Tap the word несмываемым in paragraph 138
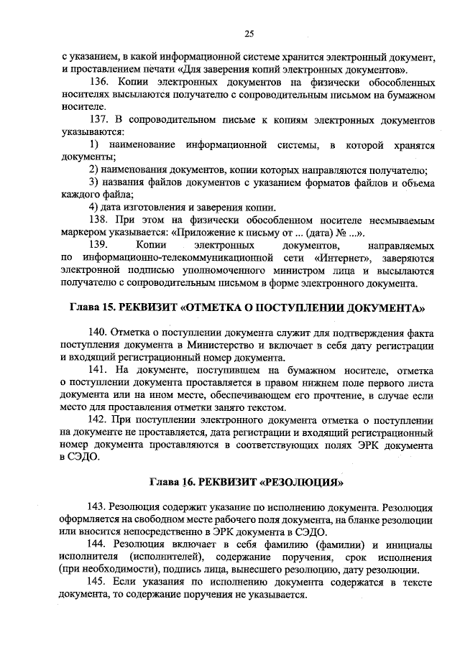pos(397,220)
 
